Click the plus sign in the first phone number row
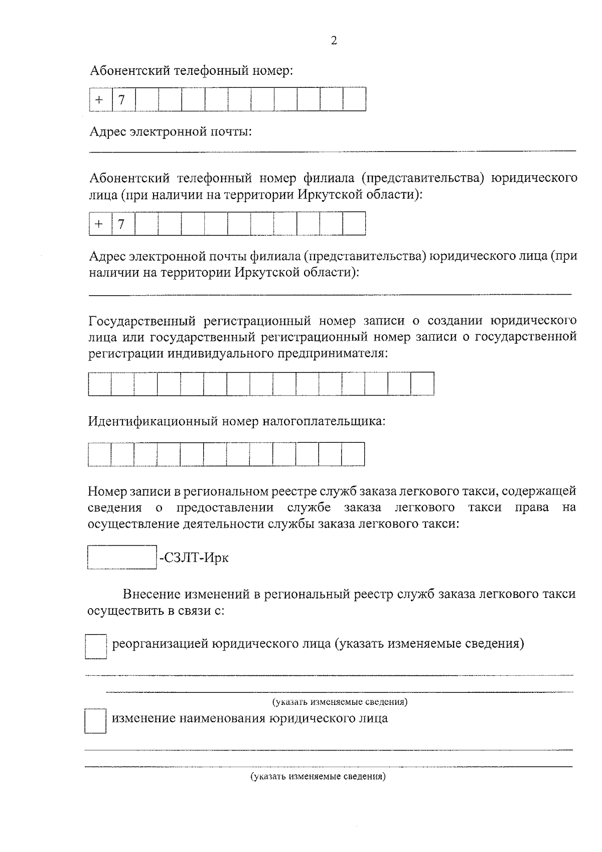coord(100,100)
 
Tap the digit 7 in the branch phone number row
coord(121,224)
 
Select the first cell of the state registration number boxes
coord(99,384)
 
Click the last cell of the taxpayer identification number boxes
coord(353,454)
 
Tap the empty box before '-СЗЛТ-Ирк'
coord(122,557)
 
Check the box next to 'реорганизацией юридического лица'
coord(95,646)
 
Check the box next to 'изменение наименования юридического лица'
coord(95,721)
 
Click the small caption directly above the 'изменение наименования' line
coord(340,701)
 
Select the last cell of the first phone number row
coord(354,99)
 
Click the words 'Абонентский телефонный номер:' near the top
coord(191,70)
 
